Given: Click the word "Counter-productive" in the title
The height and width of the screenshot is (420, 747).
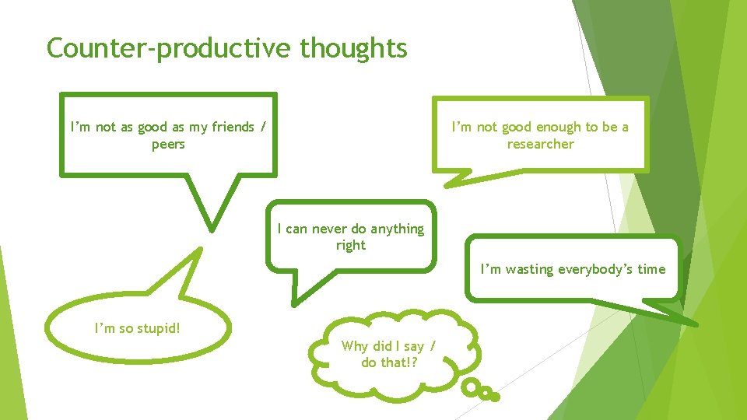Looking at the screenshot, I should coord(170,48).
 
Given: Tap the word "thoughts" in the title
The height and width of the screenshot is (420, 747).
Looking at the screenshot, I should coord(353,48).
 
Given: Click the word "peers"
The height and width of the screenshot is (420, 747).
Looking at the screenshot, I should coord(168,144).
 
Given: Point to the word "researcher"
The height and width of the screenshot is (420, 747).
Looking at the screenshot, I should coord(540,144).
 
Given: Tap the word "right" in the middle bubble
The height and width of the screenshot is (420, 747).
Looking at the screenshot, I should coord(350,245).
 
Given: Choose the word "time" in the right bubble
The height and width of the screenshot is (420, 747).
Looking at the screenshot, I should coord(651,269).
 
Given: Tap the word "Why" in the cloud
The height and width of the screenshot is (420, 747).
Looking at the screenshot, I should coord(354,345).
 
